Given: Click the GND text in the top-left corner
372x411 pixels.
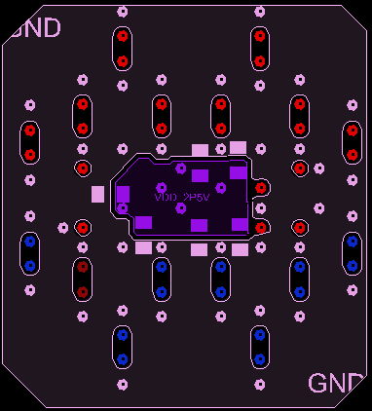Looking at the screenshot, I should [x=34, y=27].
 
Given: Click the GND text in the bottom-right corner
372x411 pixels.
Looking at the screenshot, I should [x=336, y=383].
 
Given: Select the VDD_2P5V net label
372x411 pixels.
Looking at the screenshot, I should [x=182, y=197].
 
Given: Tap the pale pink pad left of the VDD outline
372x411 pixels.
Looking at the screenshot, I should [x=97, y=194].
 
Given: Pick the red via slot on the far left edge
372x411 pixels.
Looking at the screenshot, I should [x=30, y=142].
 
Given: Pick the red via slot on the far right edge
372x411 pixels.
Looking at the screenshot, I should [x=352, y=141].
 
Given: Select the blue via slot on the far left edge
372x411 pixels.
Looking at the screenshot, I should [x=30, y=253].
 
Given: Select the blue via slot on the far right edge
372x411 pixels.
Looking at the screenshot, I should [x=352, y=252].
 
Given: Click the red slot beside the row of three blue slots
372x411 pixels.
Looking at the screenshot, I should [x=83, y=278].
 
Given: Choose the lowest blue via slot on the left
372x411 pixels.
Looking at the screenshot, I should [x=123, y=347].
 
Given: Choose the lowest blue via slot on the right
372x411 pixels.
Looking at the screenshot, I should [x=259, y=346].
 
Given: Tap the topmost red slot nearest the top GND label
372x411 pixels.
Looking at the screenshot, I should [x=123, y=48].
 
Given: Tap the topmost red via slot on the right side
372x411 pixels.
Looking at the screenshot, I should [x=260, y=48].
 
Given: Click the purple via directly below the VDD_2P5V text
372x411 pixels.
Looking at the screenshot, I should [x=181, y=207].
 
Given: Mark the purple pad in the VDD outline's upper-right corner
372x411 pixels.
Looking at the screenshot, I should [x=238, y=172].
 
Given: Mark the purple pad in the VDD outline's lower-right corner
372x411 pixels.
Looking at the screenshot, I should [x=240, y=225].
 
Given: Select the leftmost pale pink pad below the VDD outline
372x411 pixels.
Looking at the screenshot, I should [x=143, y=247].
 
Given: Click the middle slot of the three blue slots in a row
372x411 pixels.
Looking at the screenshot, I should [x=221, y=278].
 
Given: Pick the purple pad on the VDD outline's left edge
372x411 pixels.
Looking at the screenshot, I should [x=123, y=193].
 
